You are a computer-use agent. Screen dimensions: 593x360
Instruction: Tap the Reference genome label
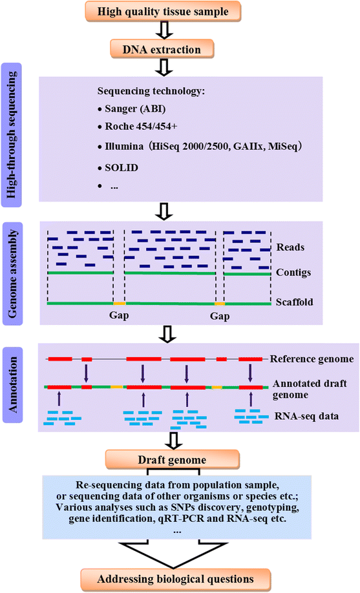coord(311,359)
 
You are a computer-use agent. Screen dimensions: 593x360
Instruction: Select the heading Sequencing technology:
coord(151,91)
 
